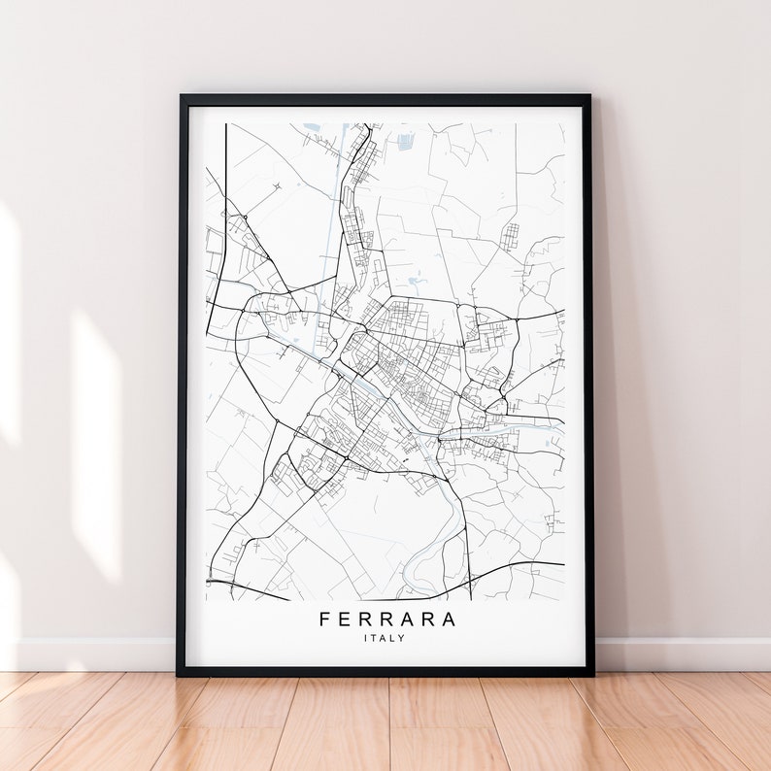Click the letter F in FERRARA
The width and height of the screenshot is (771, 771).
323,620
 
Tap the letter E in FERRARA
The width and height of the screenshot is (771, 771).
345,620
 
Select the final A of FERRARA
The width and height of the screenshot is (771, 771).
449,620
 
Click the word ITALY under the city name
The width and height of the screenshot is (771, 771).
385,638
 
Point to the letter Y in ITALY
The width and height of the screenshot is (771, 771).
402,638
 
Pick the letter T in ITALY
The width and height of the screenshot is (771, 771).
376,638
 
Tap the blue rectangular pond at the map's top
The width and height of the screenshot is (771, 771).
405,142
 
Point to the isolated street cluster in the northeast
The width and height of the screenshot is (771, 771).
510,235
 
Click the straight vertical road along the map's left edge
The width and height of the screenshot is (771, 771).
225,194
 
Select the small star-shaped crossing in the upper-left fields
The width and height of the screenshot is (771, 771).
276,184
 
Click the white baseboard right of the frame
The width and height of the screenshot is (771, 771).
680,654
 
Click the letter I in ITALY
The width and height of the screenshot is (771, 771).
366,638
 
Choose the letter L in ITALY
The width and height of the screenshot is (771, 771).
393,638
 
